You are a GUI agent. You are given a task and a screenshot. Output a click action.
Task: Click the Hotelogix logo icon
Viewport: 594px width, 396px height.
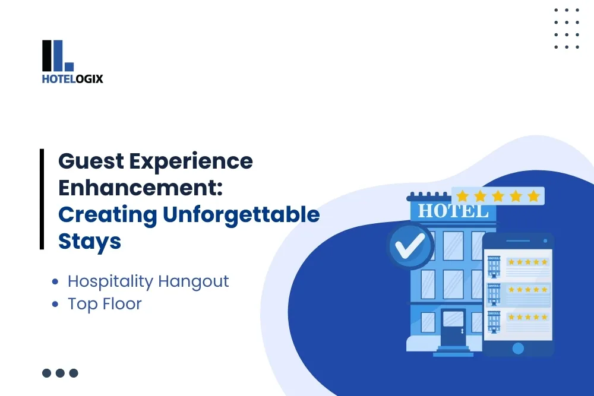pyautogui.click(x=58, y=56)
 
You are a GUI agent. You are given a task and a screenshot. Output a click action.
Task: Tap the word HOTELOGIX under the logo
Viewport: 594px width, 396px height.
pyautogui.click(x=72, y=78)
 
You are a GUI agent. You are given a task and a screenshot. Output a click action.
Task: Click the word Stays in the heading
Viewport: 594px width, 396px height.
pyautogui.click(x=90, y=241)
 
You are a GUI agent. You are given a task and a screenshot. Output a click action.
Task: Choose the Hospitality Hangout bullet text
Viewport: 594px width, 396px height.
pyautogui.click(x=148, y=281)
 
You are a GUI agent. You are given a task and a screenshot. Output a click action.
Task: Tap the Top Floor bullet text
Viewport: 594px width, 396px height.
pyautogui.click(x=105, y=304)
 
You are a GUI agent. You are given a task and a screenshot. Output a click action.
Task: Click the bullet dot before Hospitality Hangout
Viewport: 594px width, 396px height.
pyautogui.click(x=56, y=281)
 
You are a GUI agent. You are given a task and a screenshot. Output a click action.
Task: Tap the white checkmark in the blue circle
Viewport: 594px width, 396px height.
pyautogui.click(x=410, y=245)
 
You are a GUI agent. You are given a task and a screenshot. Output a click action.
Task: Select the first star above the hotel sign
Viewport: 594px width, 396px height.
pyautogui.click(x=463, y=196)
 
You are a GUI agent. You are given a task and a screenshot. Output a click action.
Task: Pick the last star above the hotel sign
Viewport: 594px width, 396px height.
pyautogui.click(x=533, y=196)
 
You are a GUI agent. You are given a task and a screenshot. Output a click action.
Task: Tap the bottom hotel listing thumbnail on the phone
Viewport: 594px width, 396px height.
pyautogui.click(x=494, y=321)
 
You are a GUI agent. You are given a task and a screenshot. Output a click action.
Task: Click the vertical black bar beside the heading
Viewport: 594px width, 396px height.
pyautogui.click(x=42, y=199)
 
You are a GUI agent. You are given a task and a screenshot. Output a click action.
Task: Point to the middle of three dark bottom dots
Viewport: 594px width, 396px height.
pyautogui.click(x=60, y=373)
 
